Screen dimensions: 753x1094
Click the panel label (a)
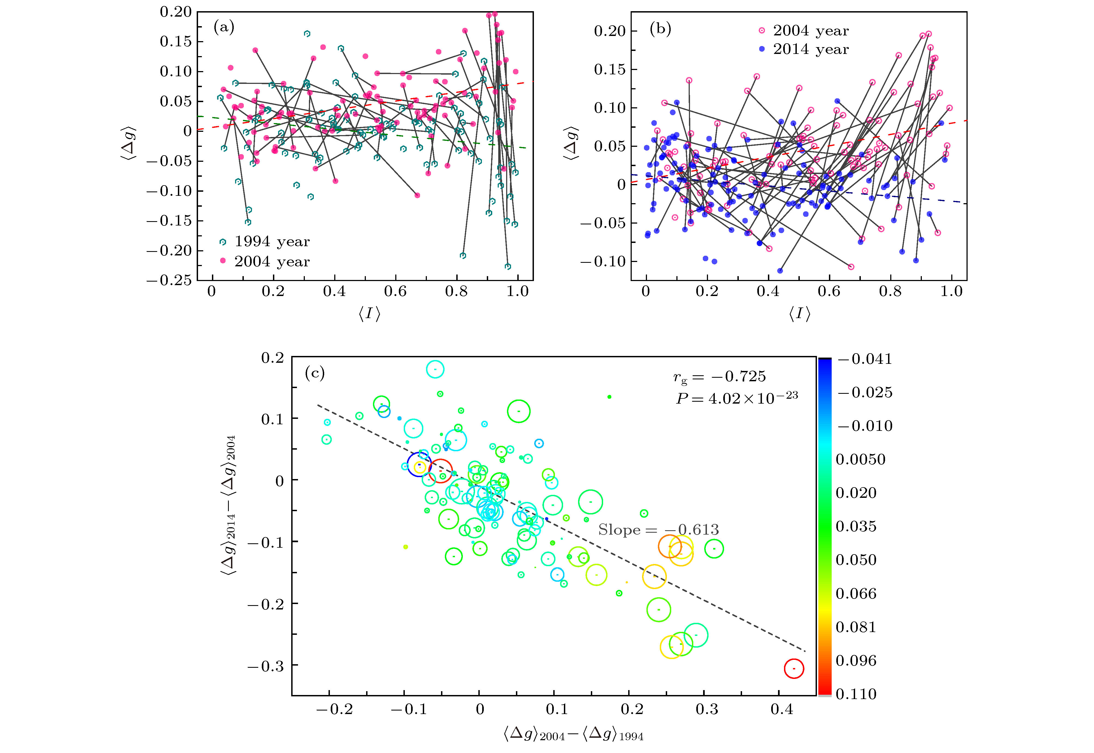(224, 27)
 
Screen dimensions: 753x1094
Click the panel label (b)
(660, 29)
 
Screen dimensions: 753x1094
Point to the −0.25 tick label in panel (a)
(169, 280)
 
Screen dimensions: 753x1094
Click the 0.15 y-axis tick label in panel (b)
(609, 69)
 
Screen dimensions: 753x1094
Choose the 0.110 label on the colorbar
(856, 694)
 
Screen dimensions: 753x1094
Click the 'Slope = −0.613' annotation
(658, 530)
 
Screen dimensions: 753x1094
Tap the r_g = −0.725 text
(719, 376)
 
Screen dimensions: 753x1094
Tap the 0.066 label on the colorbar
(856, 593)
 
